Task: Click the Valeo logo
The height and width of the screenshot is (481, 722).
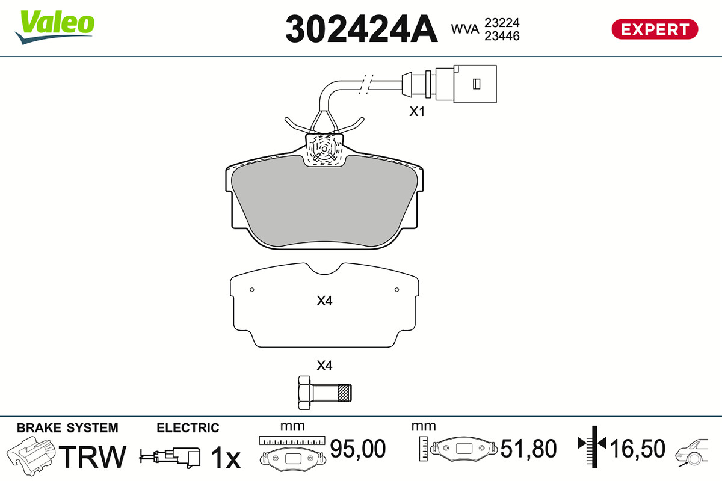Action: [55, 27]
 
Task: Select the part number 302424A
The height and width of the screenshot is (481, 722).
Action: [362, 29]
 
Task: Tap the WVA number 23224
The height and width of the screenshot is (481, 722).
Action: [502, 23]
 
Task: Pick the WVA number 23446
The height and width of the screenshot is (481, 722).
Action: [502, 36]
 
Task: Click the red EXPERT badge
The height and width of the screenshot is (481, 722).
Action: [655, 29]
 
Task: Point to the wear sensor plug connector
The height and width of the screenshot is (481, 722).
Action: [449, 84]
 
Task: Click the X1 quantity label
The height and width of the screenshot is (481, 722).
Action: [417, 111]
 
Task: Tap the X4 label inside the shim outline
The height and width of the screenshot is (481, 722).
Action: [324, 301]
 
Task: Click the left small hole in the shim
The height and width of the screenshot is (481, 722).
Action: [252, 290]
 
